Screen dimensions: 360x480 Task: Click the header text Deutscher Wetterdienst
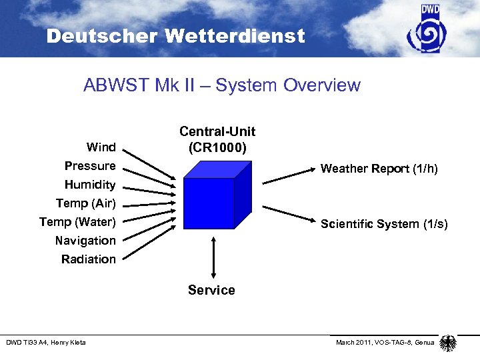(x=175, y=36)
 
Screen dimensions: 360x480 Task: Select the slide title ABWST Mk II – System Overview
(x=222, y=85)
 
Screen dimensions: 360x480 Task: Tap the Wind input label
(x=101, y=147)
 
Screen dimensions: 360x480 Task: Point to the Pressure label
(x=90, y=165)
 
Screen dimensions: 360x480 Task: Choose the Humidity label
(x=90, y=184)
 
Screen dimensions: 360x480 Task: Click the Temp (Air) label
(x=85, y=203)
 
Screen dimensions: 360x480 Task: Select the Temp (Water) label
(x=77, y=221)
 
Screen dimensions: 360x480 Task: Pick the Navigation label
(x=85, y=240)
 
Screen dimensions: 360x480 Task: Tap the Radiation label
(x=89, y=259)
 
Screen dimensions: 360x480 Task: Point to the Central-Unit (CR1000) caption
(x=217, y=139)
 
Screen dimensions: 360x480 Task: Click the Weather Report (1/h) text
(x=379, y=169)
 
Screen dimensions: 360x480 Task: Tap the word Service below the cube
(x=211, y=290)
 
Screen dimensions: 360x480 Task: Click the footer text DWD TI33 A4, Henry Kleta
(x=46, y=343)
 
